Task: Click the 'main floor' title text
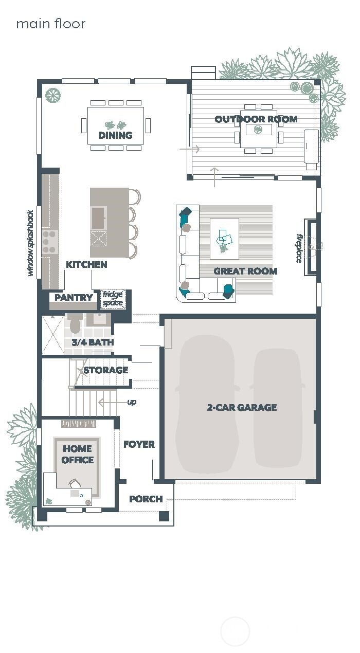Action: pyautogui.click(x=50, y=24)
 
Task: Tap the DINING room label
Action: pyautogui.click(x=115, y=135)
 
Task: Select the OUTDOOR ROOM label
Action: pyautogui.click(x=256, y=119)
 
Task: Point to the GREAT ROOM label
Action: pyautogui.click(x=245, y=271)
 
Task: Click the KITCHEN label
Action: pyautogui.click(x=86, y=265)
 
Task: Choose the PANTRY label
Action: pyautogui.click(x=74, y=298)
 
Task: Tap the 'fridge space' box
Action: pyautogui.click(x=113, y=299)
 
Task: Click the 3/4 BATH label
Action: pyautogui.click(x=93, y=342)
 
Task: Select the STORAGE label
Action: pyautogui.click(x=105, y=370)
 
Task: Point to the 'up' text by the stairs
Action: pyautogui.click(x=132, y=402)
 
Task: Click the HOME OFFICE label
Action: pyautogui.click(x=78, y=455)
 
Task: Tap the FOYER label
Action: pyautogui.click(x=139, y=444)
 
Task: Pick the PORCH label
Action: pyautogui.click(x=146, y=499)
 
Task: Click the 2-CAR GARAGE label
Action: pyautogui.click(x=242, y=407)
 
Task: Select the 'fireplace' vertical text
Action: pyautogui.click(x=299, y=249)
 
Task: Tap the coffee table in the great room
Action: pyautogui.click(x=224, y=239)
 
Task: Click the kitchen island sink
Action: pyautogui.click(x=98, y=217)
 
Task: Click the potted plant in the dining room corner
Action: pyautogui.click(x=52, y=95)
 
